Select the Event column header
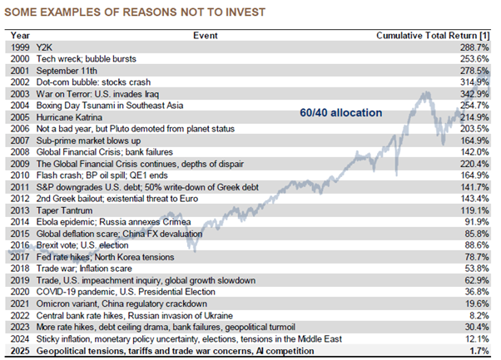coord(205,37)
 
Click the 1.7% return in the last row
coord(476,351)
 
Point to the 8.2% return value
coord(476,316)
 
